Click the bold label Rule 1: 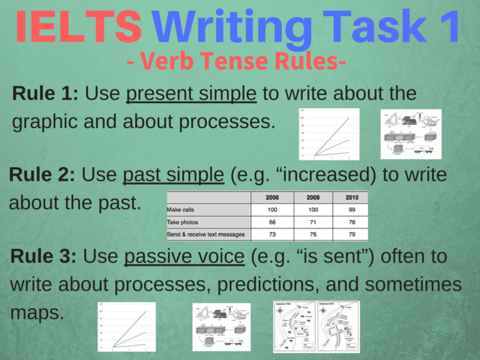(45, 94)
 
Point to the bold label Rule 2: (42, 174)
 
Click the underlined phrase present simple (191, 94)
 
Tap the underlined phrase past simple (174, 174)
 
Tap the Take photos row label (184, 222)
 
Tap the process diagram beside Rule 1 (411, 134)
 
